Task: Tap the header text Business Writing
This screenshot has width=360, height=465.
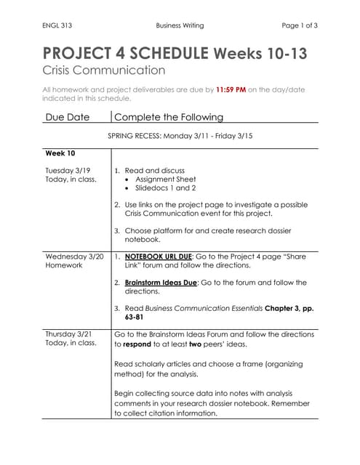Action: (180, 25)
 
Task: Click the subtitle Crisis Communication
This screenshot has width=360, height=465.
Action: (104, 70)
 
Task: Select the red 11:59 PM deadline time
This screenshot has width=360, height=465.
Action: (231, 89)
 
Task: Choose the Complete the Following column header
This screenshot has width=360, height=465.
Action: (169, 116)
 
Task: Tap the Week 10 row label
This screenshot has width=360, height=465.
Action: (60, 153)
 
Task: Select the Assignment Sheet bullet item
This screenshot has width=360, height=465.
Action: (165, 178)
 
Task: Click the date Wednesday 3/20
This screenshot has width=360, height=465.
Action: (74, 256)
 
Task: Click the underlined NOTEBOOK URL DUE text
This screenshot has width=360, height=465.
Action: (158, 256)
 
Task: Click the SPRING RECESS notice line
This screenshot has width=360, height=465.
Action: (180, 136)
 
